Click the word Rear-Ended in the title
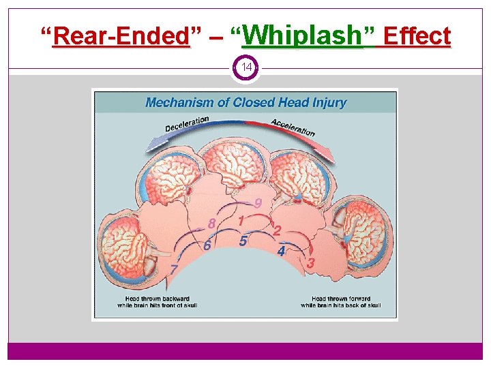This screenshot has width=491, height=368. point(121,35)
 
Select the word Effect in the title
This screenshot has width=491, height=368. point(417,35)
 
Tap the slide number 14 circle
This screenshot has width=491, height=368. point(245,68)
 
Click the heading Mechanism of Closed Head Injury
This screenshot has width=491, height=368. point(245,103)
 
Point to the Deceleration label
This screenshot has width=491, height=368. point(187,124)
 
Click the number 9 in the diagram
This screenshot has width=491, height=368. point(258,203)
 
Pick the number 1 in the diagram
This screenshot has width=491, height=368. point(241,221)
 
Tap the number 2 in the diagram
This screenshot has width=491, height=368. point(277,230)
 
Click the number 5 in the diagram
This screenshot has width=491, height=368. point(243,241)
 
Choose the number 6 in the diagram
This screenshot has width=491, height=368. point(207,246)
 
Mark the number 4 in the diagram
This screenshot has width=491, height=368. point(281,251)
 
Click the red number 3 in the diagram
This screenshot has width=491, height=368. point(311,262)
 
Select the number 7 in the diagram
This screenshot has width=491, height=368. point(174,269)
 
